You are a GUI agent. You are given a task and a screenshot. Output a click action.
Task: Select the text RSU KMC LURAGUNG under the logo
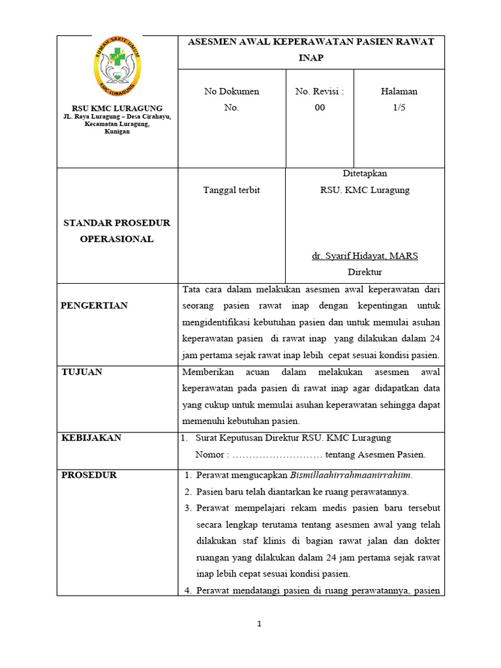click(117, 108)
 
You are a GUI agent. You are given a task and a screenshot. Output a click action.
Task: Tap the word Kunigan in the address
click(117, 131)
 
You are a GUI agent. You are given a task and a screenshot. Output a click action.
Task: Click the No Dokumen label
click(232, 91)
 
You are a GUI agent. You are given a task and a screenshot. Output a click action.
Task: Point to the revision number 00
click(320, 108)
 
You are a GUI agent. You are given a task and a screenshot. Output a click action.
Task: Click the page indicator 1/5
click(399, 108)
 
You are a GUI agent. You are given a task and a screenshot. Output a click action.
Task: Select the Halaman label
click(399, 91)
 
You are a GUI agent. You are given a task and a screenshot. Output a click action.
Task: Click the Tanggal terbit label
click(232, 190)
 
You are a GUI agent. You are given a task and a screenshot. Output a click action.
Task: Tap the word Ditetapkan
click(365, 174)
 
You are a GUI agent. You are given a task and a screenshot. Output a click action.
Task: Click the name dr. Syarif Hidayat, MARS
click(365, 256)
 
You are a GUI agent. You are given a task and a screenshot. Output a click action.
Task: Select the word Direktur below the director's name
click(365, 272)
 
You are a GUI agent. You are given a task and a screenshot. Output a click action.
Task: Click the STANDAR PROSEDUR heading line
click(117, 222)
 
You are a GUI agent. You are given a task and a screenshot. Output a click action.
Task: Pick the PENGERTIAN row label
click(94, 305)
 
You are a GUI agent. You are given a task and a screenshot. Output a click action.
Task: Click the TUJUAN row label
click(82, 372)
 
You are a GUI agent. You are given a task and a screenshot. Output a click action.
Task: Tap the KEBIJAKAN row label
click(91, 438)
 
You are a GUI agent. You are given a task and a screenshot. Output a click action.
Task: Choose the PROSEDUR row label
click(89, 475)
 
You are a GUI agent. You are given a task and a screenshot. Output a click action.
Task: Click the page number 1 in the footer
click(259, 624)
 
